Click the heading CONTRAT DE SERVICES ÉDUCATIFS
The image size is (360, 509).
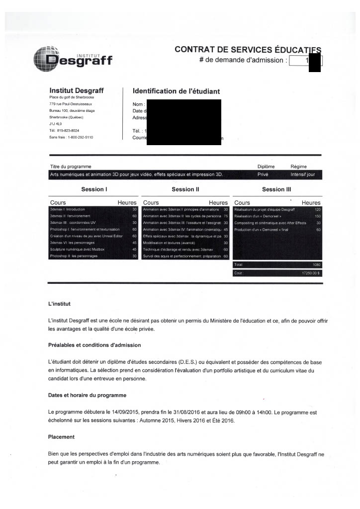(x=248, y=50)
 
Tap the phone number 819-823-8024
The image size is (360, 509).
(x=68, y=130)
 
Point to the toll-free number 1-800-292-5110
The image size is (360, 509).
(x=76, y=137)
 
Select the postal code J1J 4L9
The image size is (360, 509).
(x=56, y=123)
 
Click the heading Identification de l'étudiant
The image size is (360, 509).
(x=176, y=91)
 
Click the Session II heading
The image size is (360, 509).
(x=185, y=189)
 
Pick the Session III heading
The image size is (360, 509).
(x=276, y=189)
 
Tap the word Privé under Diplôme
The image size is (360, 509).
(x=263, y=174)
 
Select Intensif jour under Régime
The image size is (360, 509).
(x=303, y=174)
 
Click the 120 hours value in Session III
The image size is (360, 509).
(x=318, y=210)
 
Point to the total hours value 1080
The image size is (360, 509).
(x=317, y=265)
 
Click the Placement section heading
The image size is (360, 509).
(x=61, y=437)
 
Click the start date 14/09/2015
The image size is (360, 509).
(x=123, y=413)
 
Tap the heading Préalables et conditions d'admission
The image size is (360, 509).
(x=94, y=345)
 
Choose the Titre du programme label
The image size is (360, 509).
(x=71, y=167)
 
